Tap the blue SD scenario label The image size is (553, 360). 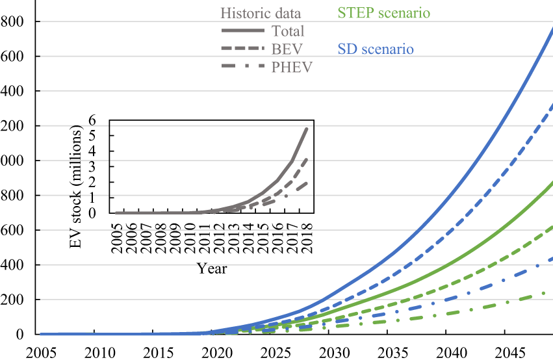point(376,49)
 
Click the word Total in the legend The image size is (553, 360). point(289,31)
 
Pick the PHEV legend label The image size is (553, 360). point(292,66)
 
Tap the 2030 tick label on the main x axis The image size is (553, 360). point(329,352)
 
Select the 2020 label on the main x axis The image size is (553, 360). point(211,352)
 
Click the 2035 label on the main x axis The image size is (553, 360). point(387,352)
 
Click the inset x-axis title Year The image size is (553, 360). point(212,268)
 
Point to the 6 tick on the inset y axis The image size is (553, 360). point(101,120)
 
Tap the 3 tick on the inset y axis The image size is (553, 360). point(101,166)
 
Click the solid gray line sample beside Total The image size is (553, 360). point(242,31)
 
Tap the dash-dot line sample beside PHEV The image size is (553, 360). point(242,66)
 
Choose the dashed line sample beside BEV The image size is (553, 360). point(242,49)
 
